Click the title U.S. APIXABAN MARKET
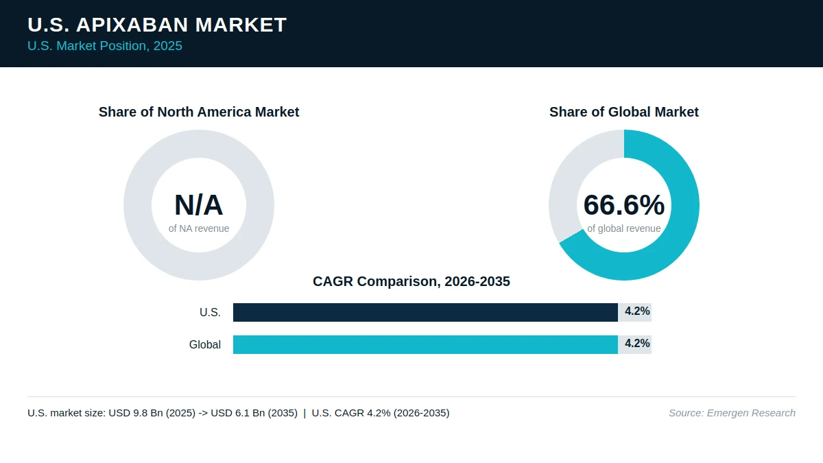pos(157,25)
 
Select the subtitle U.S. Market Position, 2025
pos(105,46)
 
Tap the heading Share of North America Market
pos(199,112)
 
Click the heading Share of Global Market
pos(624,112)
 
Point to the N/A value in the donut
pos(199,205)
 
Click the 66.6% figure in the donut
pos(624,205)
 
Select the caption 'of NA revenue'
pos(199,228)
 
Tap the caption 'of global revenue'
pos(624,228)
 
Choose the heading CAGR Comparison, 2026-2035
pos(411,281)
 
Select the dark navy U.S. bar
pos(425,312)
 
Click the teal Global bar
pos(425,344)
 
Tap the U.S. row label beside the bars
pos(210,312)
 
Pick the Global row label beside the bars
pos(205,344)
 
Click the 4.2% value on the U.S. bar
pos(637,311)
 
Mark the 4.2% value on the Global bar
pos(637,344)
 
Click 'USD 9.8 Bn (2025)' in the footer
pos(152,413)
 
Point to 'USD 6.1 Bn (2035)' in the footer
pos(254,413)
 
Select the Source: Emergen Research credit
pos(732,413)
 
